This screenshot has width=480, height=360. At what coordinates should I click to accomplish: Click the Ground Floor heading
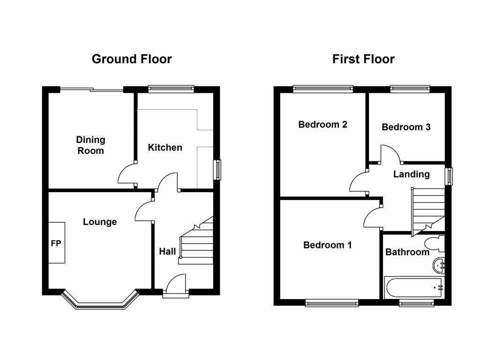point(132,59)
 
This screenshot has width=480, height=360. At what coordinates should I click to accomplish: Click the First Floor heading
point(363,59)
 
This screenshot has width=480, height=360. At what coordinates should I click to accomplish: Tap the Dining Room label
point(90,145)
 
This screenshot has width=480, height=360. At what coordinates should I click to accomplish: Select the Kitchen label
point(165,148)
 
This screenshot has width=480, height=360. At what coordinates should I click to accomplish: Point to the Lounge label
point(100,222)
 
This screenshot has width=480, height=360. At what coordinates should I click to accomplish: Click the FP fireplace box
point(57,242)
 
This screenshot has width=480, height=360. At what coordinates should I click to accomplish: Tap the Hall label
point(167,252)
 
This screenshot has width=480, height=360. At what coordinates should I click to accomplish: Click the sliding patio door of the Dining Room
point(91,90)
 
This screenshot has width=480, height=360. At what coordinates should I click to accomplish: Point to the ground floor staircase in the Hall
point(196,240)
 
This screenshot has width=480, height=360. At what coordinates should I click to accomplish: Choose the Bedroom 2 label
point(322,125)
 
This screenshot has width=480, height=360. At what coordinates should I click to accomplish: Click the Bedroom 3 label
point(406,127)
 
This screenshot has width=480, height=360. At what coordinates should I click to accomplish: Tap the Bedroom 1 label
point(327,245)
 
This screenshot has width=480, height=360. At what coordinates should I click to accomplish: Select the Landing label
point(412,174)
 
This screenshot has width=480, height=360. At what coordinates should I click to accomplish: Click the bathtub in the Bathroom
point(414,287)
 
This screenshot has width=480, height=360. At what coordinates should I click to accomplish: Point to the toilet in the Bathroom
point(435,243)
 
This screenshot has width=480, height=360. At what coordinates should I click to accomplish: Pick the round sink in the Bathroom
point(439,265)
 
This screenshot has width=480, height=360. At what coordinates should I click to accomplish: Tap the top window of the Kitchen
point(171,89)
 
